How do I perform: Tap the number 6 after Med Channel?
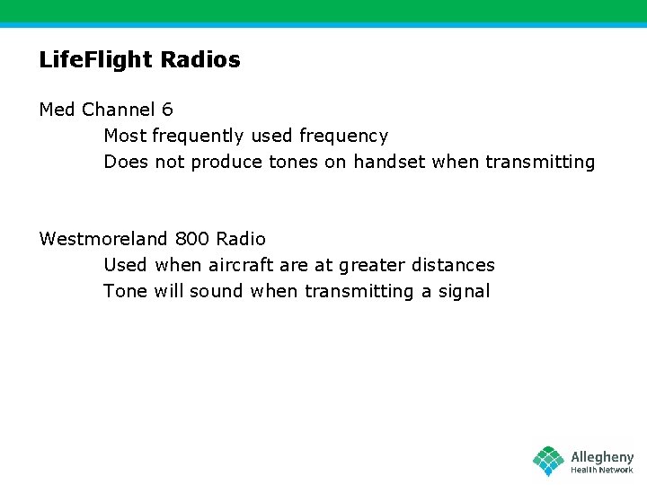pyautogui.click(x=167, y=110)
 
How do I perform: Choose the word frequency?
pyautogui.click(x=343, y=137)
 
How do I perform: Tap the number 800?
pyautogui.click(x=192, y=239)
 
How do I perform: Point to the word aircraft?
pyautogui.click(x=241, y=265)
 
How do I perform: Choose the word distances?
pyautogui.click(x=453, y=265)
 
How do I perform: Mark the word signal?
pyautogui.click(x=464, y=291)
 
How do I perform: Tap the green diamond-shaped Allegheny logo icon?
pyautogui.click(x=548, y=461)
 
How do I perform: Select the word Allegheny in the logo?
pyautogui.click(x=602, y=457)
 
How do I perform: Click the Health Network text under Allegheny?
pyautogui.click(x=602, y=470)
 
